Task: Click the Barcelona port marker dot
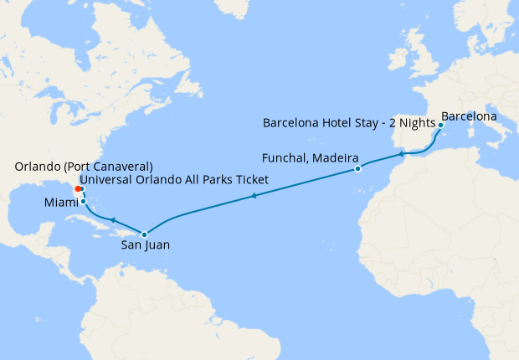coord(440,125)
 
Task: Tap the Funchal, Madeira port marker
coord(357,169)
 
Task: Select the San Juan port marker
coord(144,234)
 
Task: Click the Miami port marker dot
coord(83,202)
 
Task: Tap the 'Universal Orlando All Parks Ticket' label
coord(173,180)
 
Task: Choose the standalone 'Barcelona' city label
coord(469,115)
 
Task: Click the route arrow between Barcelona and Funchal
coord(403,153)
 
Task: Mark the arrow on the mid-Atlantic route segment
coord(253,197)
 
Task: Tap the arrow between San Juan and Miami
coord(112,219)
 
